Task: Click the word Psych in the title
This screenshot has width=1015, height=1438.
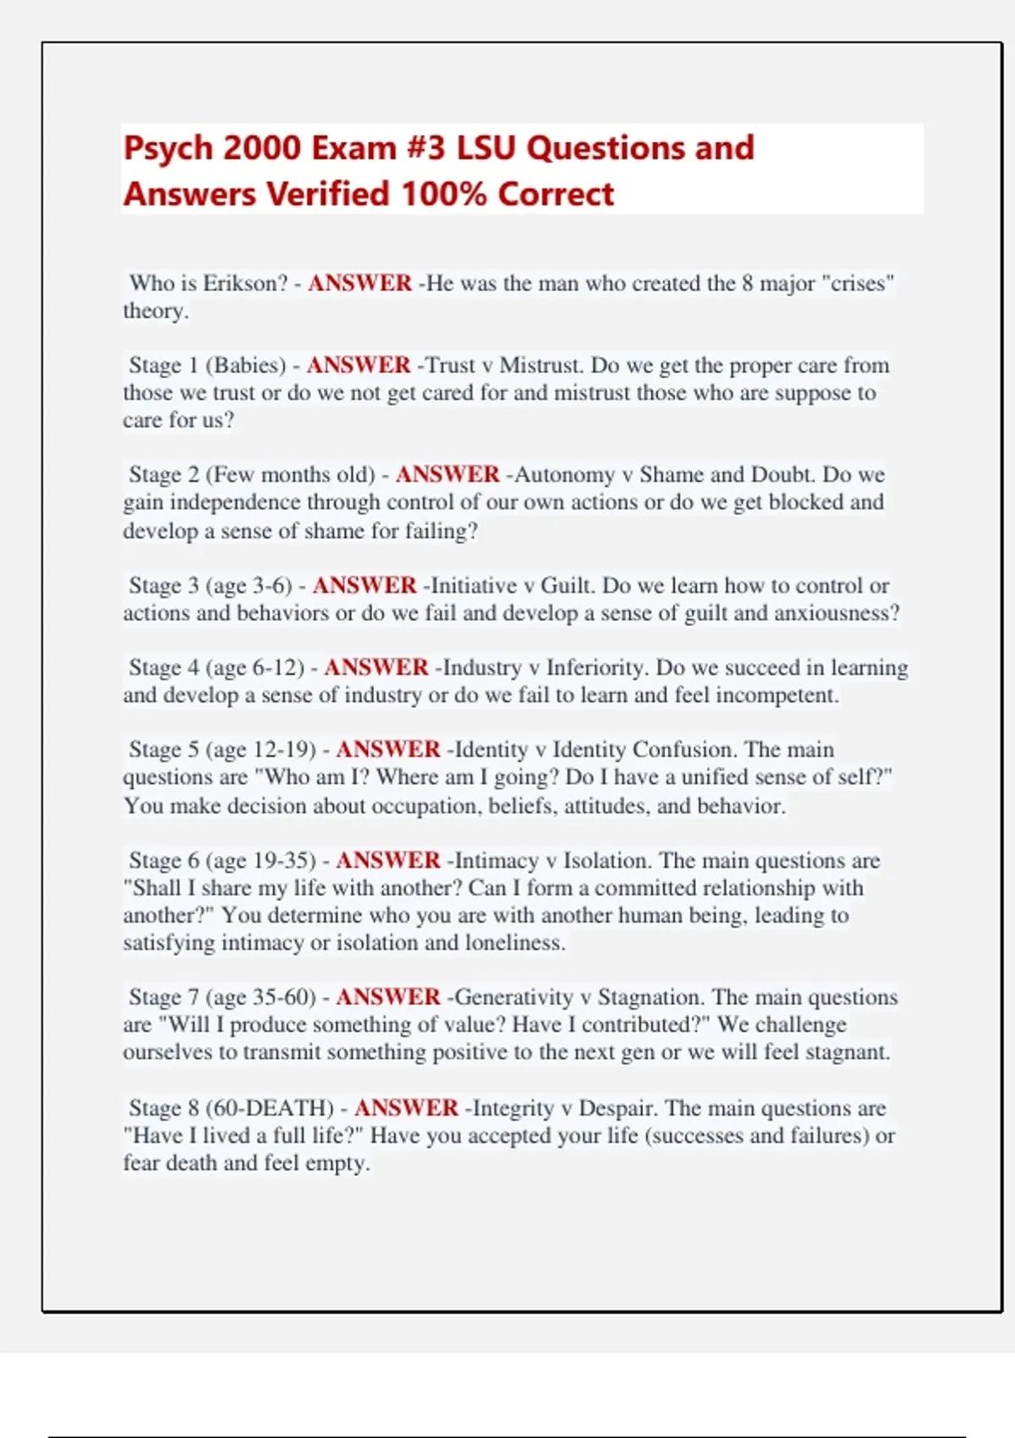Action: click(x=167, y=149)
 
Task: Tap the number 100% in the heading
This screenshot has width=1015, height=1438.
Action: click(x=445, y=195)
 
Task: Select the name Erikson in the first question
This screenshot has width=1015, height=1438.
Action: click(x=246, y=283)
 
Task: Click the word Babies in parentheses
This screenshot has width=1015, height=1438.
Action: click(x=246, y=365)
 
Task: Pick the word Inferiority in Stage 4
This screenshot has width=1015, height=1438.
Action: click(x=596, y=667)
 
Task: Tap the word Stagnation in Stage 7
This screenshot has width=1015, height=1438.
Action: click(x=648, y=997)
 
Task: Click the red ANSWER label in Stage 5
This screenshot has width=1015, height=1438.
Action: click(x=388, y=749)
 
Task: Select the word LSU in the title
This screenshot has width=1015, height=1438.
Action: click(x=486, y=149)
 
